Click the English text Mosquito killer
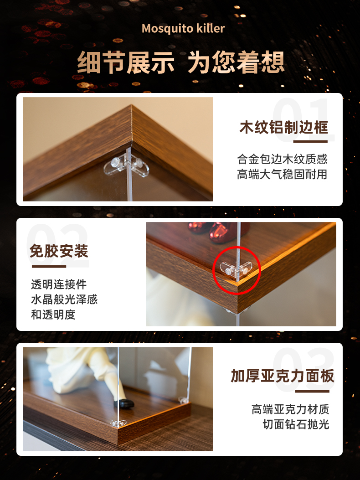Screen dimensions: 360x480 click(183, 28)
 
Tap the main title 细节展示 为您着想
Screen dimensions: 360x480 click(180, 62)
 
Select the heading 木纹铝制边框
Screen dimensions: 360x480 click(284, 127)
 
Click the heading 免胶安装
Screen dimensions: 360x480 click(59, 251)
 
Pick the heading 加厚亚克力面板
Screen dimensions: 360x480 click(283, 376)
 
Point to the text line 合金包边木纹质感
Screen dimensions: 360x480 click(282, 159)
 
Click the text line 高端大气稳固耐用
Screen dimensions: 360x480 click(282, 175)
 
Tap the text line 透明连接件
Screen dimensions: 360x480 click(59, 284)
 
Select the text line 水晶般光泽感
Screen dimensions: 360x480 click(64, 299)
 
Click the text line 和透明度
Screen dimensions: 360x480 click(53, 315)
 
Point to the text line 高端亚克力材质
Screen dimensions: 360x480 click(290, 409)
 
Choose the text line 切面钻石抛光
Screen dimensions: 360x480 click(296, 424)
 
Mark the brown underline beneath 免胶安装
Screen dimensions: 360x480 click(49, 266)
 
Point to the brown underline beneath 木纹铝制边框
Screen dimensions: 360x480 click(310, 141)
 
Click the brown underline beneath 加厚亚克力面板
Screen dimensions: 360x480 click(312, 391)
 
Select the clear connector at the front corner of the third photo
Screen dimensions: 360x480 click(118, 423)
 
